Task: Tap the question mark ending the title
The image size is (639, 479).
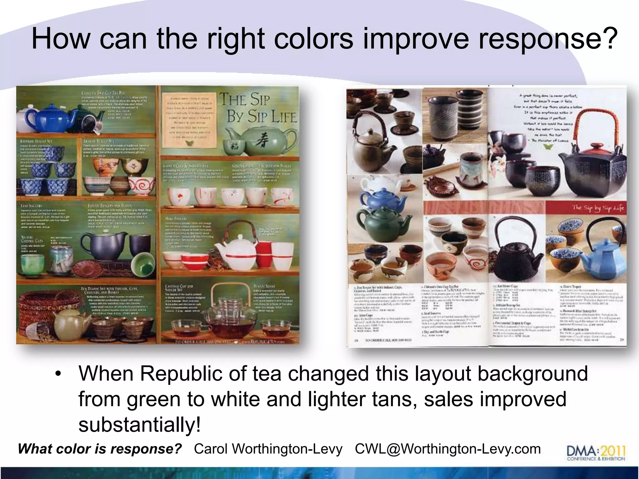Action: (607, 39)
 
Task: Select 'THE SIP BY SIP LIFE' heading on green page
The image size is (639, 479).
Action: (257, 108)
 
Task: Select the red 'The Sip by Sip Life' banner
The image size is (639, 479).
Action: (585, 208)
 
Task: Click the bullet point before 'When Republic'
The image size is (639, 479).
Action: (58, 374)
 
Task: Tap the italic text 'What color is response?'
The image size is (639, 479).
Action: (100, 449)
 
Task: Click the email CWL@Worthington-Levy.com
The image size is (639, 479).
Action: (448, 449)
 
